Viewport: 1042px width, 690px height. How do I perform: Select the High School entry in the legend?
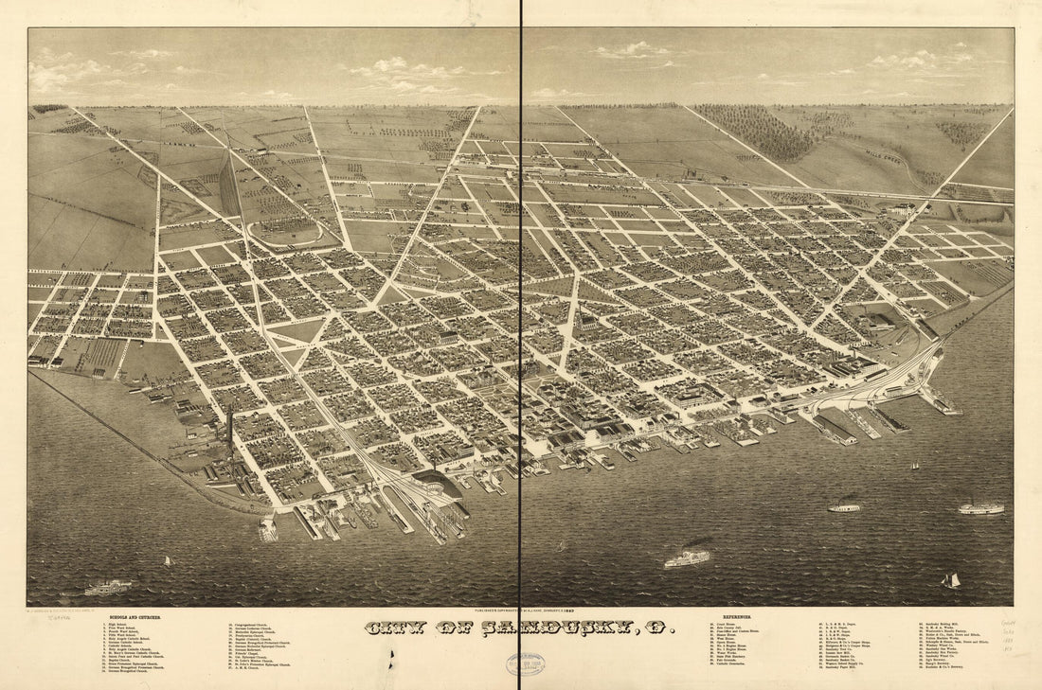118,625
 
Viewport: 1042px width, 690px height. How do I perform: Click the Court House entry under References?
725,625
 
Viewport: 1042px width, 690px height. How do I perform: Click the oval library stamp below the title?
525,663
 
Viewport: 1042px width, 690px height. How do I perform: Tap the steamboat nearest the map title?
687,558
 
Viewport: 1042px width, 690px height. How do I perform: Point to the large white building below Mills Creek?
903,210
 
